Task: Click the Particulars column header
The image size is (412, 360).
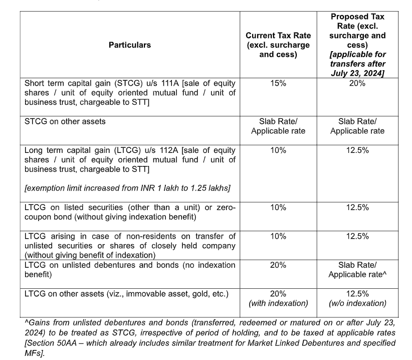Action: coord(130,45)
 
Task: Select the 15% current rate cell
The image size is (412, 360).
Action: coord(278,83)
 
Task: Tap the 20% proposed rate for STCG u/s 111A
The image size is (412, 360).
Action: coord(357,83)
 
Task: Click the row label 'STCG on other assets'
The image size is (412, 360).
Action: coord(65,121)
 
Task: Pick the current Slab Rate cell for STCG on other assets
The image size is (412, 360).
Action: coord(278,126)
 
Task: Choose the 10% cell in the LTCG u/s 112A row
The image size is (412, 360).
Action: coord(278,150)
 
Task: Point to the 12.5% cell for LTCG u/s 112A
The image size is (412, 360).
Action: coord(357,150)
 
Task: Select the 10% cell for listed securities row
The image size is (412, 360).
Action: coord(278,207)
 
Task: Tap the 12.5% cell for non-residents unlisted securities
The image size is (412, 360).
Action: coord(357,236)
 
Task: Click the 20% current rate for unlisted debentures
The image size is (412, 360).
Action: coord(278,265)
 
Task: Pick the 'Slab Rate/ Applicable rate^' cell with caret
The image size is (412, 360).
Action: coord(357,269)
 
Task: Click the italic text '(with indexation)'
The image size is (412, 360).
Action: coord(278,303)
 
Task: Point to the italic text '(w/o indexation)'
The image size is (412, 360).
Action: coord(357,303)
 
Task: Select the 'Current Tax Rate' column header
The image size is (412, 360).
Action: coord(278,45)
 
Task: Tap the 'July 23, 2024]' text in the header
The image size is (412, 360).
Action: coord(357,73)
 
